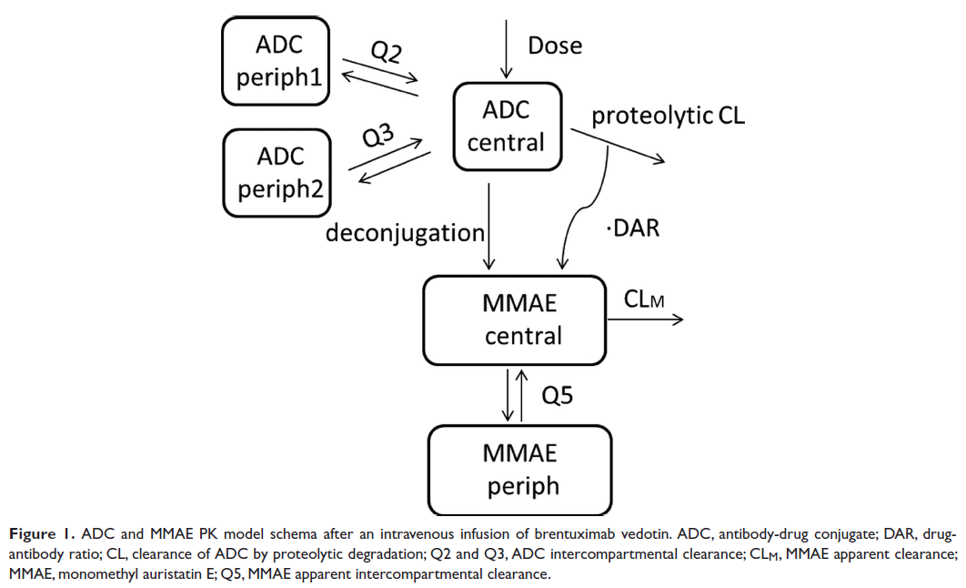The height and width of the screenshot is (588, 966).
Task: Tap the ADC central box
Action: click(507, 127)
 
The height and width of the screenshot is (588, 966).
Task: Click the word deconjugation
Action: click(406, 233)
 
